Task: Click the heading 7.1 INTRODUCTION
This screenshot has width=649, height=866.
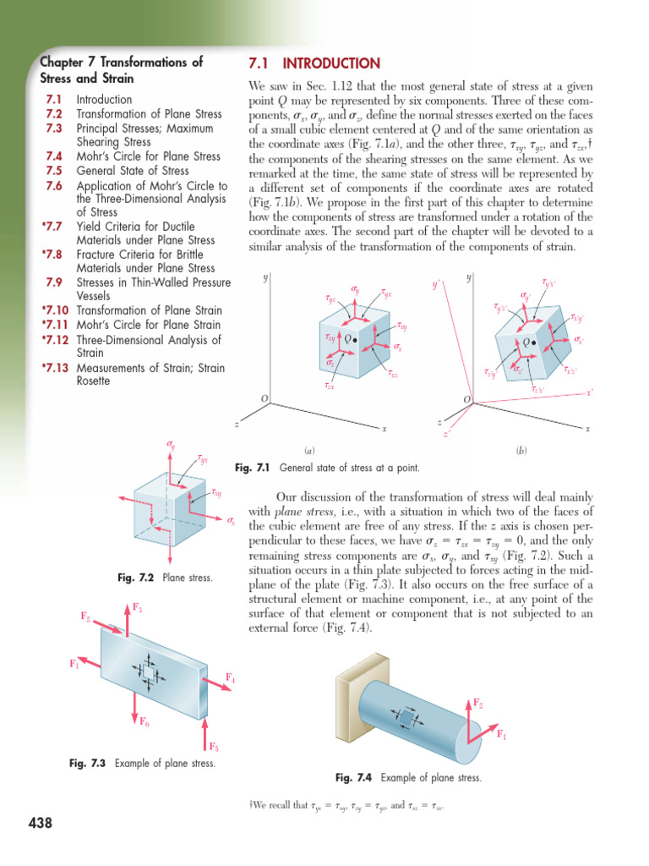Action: point(314,63)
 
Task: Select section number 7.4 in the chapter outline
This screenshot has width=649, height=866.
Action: point(53,156)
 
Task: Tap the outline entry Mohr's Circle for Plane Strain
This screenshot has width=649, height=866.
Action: point(148,325)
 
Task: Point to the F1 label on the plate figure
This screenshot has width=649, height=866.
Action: point(74,664)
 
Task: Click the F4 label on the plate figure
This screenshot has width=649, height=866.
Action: point(231,678)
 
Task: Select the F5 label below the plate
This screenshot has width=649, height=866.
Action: point(214,747)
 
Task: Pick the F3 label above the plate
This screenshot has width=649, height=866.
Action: point(138,607)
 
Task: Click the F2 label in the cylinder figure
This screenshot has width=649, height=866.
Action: point(477,704)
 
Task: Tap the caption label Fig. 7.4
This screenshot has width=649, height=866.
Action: point(354,777)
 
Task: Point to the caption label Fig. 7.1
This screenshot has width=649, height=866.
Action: point(251,468)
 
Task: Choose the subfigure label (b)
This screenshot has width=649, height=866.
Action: point(521,452)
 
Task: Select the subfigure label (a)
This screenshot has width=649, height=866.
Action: point(309,452)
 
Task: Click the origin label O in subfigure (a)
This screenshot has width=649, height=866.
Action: point(264,398)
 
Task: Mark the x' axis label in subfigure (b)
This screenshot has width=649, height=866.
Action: point(589,392)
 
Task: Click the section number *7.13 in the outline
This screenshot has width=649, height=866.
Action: point(52,368)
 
